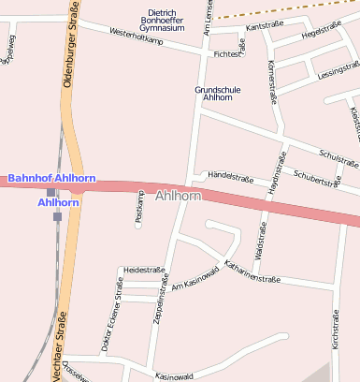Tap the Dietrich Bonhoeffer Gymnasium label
[x=161, y=21]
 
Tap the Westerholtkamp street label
[x=137, y=38]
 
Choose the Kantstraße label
[x=263, y=27]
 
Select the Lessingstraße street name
[x=338, y=71]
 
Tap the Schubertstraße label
[x=316, y=178]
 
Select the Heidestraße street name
[x=144, y=270]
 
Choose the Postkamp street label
[x=139, y=213]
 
